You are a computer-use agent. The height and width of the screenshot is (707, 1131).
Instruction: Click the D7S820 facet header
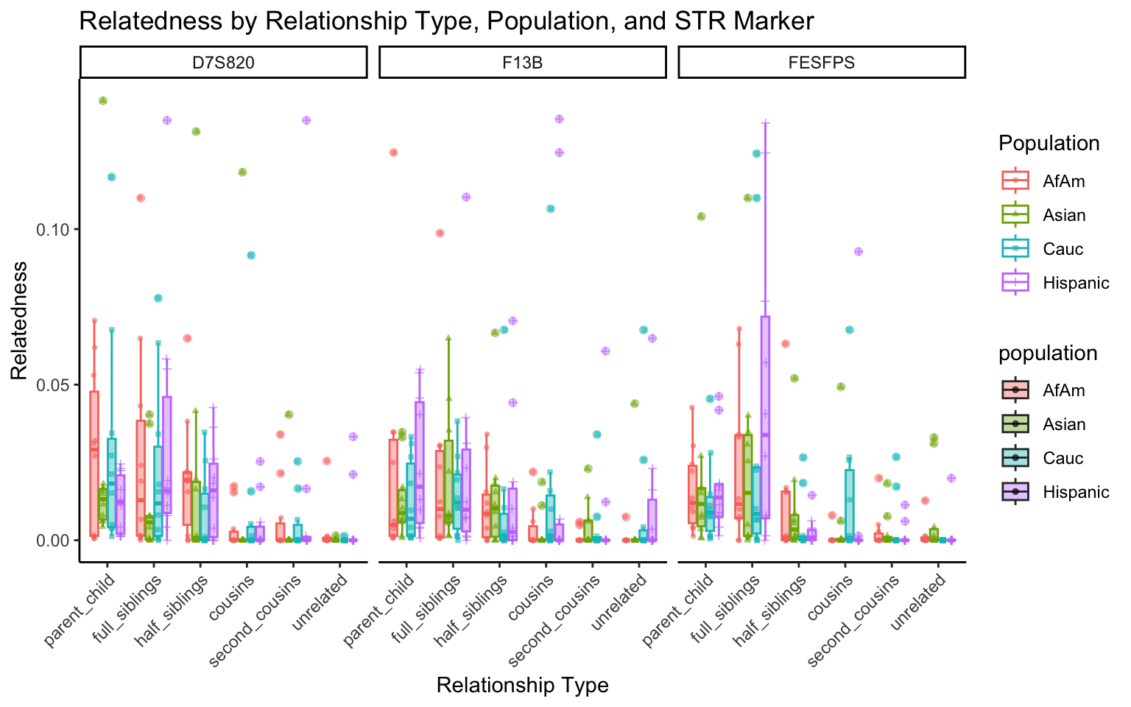tap(223, 63)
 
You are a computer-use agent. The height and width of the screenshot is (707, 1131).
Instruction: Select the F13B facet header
tap(522, 63)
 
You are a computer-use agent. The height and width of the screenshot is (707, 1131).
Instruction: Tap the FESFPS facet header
tap(821, 63)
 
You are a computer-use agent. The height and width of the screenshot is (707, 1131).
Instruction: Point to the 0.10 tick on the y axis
tap(53, 230)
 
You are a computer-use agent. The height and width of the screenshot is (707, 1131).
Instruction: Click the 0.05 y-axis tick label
tap(53, 385)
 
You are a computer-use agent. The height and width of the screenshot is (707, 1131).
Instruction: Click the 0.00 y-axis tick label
tap(53, 541)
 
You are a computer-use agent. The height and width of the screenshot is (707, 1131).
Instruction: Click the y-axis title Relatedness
tap(19, 320)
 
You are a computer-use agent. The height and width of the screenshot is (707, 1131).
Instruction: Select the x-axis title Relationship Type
tap(522, 686)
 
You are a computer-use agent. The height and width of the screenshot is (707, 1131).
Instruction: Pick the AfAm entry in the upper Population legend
tap(1063, 181)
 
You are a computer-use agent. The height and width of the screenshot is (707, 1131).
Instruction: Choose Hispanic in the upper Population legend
tap(1075, 283)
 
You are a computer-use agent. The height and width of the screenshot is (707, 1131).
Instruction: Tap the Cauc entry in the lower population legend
tap(1063, 458)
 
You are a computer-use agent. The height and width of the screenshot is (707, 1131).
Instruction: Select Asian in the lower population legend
tap(1064, 424)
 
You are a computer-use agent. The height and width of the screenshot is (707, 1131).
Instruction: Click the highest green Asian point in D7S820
tap(103, 101)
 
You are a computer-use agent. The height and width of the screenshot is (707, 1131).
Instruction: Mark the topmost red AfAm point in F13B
tap(393, 152)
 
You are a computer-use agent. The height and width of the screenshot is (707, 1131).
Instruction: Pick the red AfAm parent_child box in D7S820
tap(94, 463)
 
